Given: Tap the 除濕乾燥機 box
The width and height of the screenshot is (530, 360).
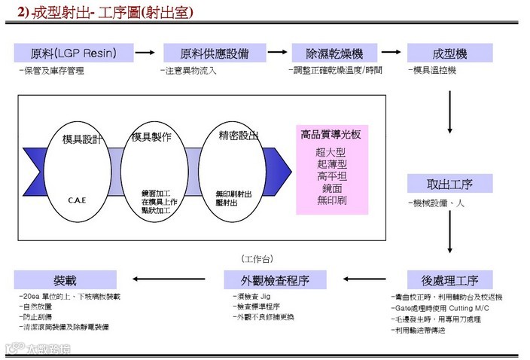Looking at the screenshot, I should point(334,53).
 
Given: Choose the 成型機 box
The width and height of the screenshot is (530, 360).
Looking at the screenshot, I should point(449,53).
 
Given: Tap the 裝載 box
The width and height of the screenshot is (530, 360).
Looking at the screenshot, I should point(65,280).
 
